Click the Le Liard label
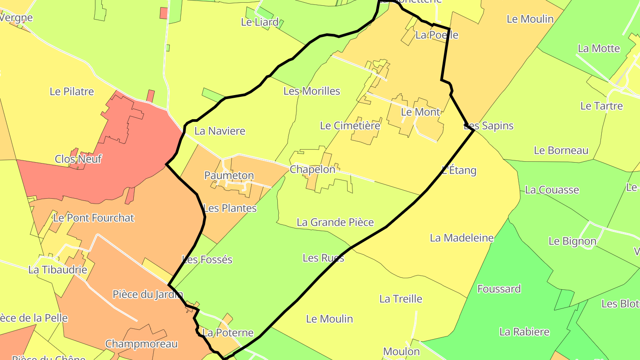click(x=260, y=22)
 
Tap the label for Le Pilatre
click(x=72, y=92)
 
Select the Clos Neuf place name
click(x=78, y=159)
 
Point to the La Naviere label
click(x=220, y=131)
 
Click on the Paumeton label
click(x=229, y=176)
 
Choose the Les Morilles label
click(x=312, y=91)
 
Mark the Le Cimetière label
click(x=350, y=126)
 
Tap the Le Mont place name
click(x=420, y=112)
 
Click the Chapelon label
click(x=312, y=169)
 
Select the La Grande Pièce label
click(x=335, y=222)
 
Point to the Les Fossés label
click(x=207, y=260)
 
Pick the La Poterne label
click(x=228, y=333)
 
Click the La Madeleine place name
click(x=461, y=238)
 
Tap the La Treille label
click(x=400, y=299)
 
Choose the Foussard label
click(x=499, y=289)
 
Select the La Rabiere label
click(x=524, y=332)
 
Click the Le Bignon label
click(x=572, y=241)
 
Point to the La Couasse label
click(x=552, y=190)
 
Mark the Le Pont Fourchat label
click(x=93, y=218)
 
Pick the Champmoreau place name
click(x=141, y=344)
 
